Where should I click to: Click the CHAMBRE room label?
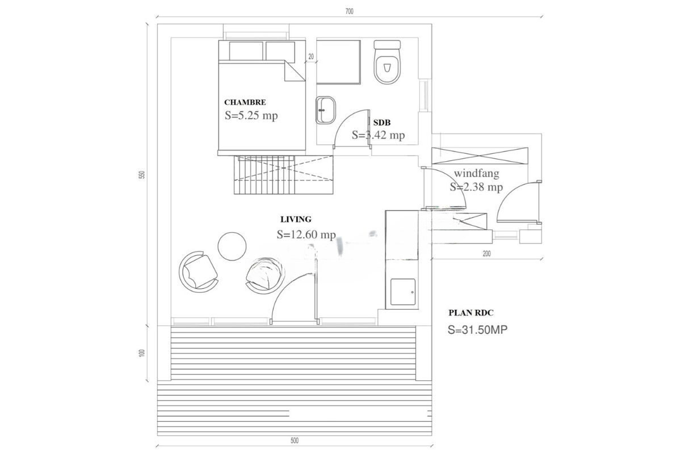[245, 102]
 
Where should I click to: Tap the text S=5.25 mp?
[251, 116]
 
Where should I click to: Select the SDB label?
[382, 123]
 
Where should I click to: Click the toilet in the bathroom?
[387, 62]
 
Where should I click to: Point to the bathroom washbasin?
[326, 110]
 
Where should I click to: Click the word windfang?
[476, 174]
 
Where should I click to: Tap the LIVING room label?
[296, 219]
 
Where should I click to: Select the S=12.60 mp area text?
[306, 234]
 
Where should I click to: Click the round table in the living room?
[232, 246]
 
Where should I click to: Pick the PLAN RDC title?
[471, 313]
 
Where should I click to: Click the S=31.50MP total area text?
[478, 330]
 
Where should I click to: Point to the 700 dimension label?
[350, 11]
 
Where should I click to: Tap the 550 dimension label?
[142, 175]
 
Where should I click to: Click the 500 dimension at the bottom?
[295, 440]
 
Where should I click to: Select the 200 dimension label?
[486, 254]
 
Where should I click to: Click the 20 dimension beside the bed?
[311, 57]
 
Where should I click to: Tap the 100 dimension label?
[142, 353]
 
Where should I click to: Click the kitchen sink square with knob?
[403, 292]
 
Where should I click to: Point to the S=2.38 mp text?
[476, 187]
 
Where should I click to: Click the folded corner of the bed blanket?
[295, 71]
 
